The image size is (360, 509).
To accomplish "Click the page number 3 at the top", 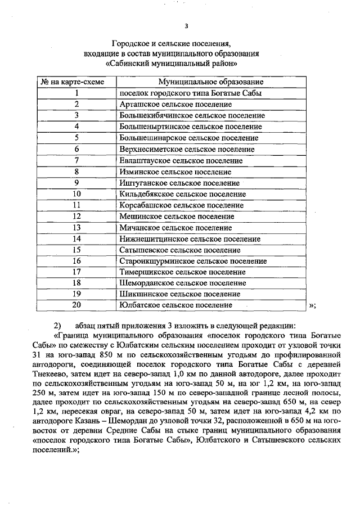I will coord(186,25).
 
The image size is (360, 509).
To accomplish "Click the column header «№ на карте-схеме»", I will coord(75,82).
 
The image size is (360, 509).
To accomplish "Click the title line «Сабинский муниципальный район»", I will coord(186,64).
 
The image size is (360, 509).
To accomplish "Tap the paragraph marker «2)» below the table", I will coord(57,326).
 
